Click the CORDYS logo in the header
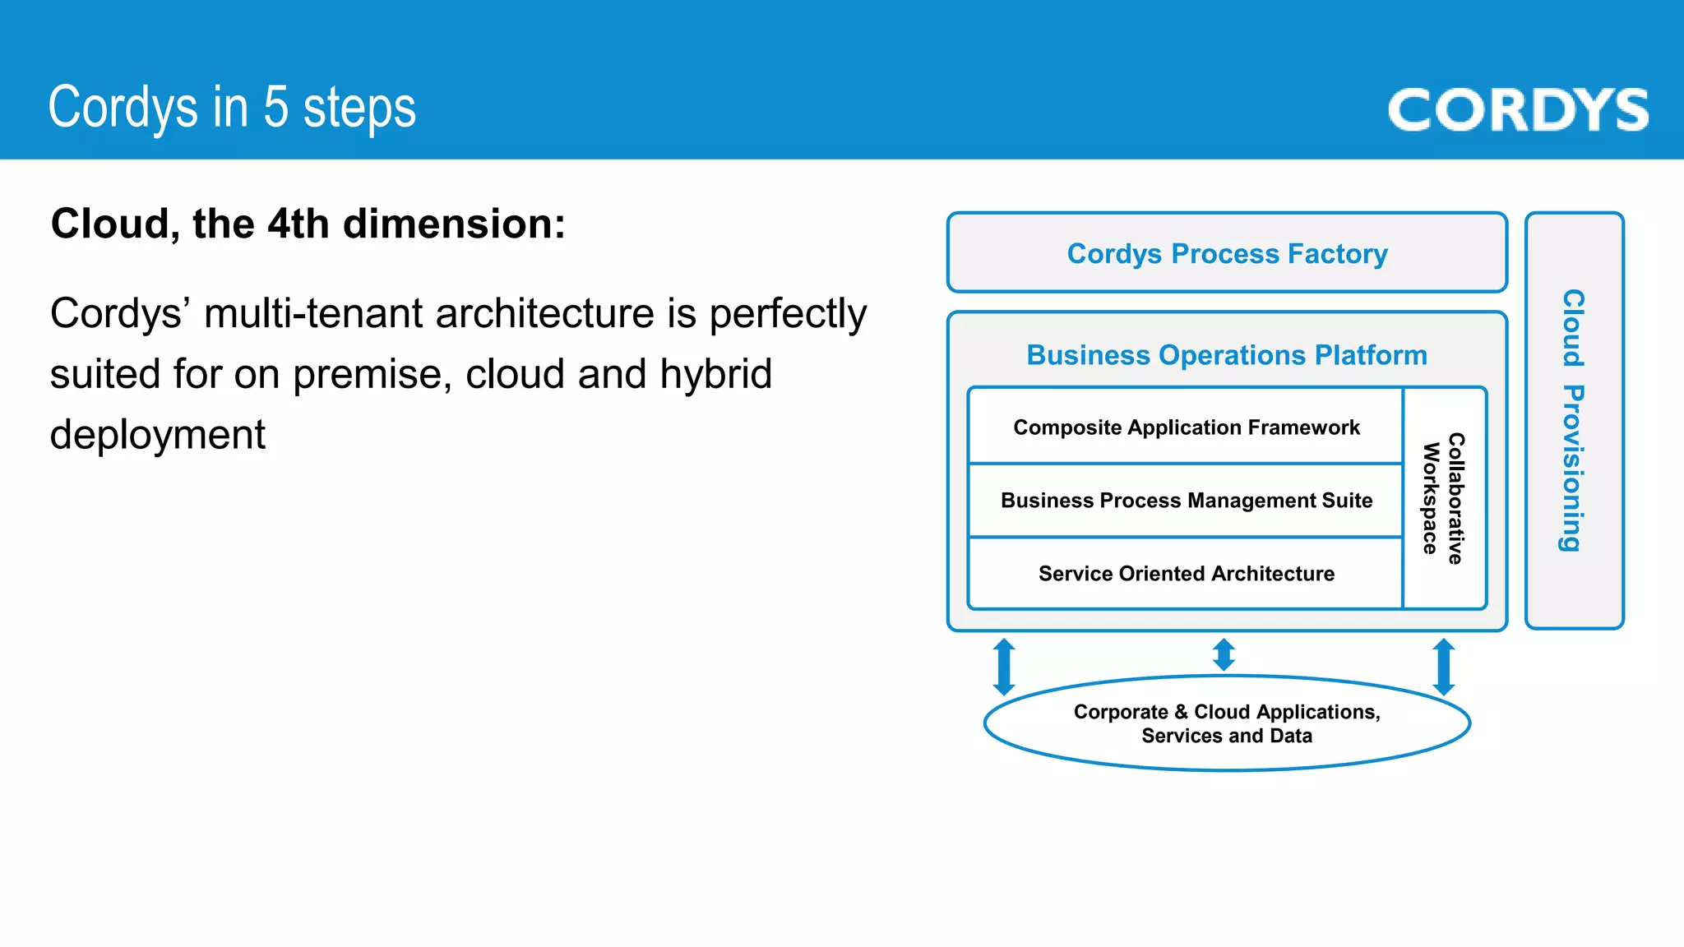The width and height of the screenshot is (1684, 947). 1518,110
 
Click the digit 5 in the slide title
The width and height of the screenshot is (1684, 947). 276,108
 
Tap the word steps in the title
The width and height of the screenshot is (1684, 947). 359,109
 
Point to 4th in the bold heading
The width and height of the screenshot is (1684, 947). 298,224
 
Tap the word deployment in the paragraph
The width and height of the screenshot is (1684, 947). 158,435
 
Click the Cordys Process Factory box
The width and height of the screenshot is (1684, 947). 1227,253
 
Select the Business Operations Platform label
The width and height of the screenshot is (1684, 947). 1227,355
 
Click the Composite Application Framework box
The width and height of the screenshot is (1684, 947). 1186,427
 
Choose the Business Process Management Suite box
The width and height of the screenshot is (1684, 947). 1186,501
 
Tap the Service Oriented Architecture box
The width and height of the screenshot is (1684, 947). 1186,574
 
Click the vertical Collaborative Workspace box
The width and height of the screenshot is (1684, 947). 1444,498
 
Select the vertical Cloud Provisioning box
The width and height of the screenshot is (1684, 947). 1573,420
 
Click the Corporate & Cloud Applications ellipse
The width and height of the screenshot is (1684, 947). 1227,723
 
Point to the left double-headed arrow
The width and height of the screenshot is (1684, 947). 1004,667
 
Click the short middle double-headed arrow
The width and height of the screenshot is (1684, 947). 1224,654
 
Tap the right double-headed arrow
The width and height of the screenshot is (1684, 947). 1444,667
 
